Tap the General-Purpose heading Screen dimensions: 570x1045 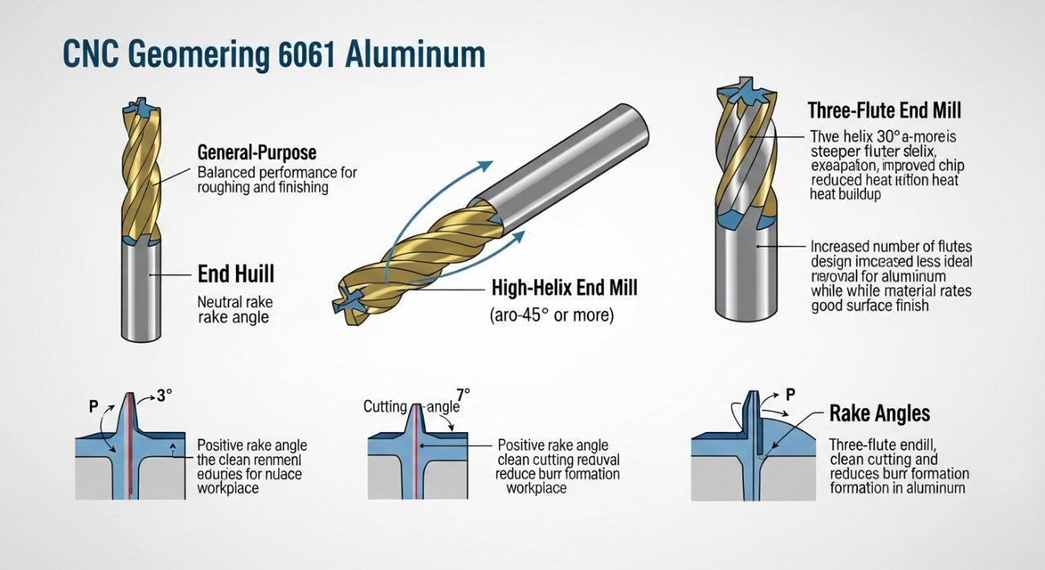click(x=256, y=153)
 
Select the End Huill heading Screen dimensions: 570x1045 click(x=237, y=274)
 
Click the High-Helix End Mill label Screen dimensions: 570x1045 click(x=564, y=287)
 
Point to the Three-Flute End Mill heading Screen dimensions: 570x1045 click(x=884, y=110)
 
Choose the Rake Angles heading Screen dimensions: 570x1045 click(x=879, y=413)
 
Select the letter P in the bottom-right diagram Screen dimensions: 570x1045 click(x=789, y=394)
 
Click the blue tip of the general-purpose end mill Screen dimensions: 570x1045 click(x=136, y=109)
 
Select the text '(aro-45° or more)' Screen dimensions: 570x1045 click(x=551, y=314)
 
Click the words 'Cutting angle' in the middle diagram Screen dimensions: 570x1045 click(x=411, y=406)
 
